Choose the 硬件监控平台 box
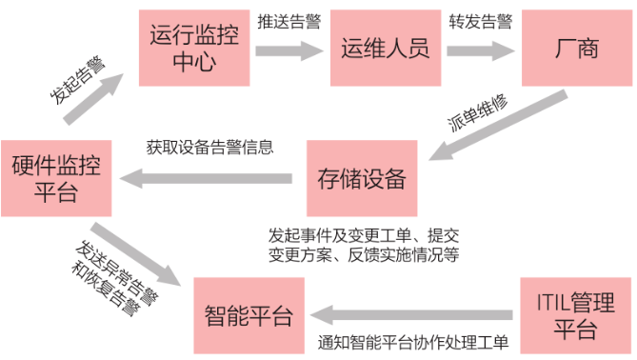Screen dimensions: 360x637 click(x=55, y=177)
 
